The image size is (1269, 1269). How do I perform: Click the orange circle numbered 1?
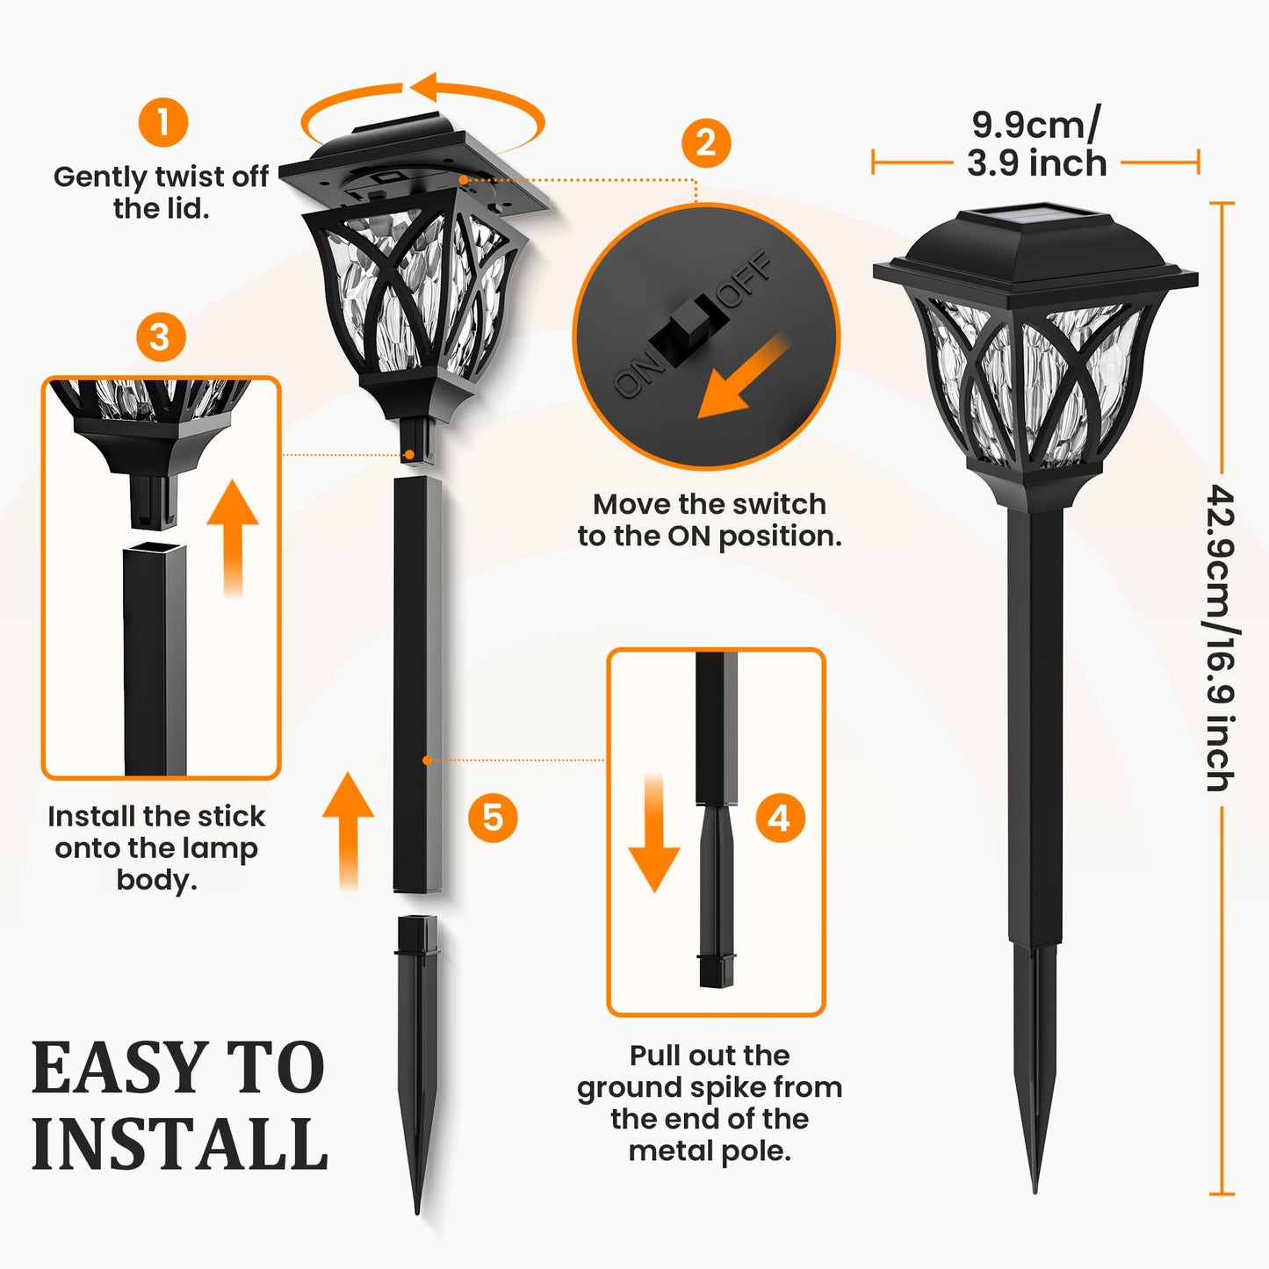[163, 122]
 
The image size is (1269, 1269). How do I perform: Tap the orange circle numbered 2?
[706, 143]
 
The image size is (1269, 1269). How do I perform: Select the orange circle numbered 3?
[161, 337]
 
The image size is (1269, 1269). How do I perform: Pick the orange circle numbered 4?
[780, 818]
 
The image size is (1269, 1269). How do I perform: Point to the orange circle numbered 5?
[493, 818]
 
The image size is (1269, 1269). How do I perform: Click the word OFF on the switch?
[746, 279]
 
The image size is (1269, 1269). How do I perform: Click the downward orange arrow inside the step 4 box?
[654, 834]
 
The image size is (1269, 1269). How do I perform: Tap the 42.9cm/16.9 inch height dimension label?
[1221, 638]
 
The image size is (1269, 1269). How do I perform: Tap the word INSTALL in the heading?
[180, 1144]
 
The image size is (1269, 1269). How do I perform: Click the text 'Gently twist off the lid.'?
[161, 192]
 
